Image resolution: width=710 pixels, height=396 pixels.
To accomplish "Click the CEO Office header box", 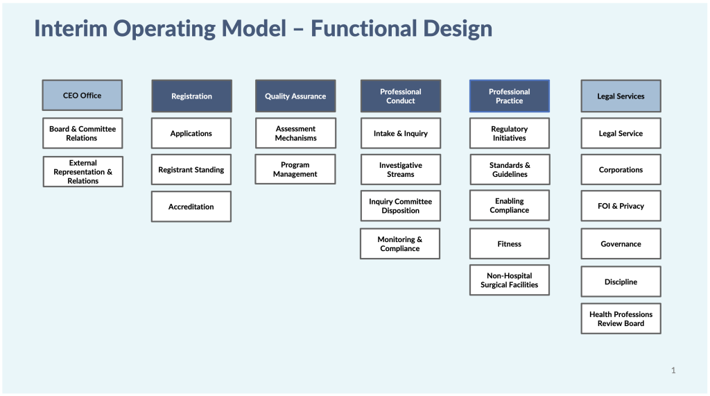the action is [x=82, y=95].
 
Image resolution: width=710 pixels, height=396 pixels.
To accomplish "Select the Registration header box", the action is [x=191, y=96].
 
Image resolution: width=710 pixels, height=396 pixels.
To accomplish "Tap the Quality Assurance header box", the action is [x=295, y=96].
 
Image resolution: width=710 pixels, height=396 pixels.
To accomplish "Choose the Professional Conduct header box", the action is [x=400, y=96].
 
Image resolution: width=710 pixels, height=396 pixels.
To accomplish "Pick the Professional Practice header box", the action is [x=510, y=96].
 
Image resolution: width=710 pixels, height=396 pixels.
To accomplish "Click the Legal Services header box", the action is [x=621, y=96].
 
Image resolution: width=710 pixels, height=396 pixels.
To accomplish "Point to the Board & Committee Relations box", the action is [x=83, y=133].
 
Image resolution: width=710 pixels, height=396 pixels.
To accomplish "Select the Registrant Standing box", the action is [x=191, y=169].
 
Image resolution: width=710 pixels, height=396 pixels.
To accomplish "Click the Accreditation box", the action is [x=191, y=207].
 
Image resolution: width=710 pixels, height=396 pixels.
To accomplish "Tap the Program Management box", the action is [x=295, y=169].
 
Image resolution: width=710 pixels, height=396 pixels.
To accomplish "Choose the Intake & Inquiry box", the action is [x=400, y=133].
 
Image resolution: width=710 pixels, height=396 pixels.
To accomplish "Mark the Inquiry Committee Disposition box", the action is [x=400, y=206].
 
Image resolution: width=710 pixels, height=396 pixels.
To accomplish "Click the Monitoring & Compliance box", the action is [x=400, y=243].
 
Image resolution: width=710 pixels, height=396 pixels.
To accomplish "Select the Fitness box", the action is [x=510, y=243].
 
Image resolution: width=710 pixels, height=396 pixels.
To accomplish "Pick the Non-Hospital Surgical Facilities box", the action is [x=510, y=280].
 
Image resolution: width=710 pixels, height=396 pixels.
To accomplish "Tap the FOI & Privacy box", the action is [x=621, y=206].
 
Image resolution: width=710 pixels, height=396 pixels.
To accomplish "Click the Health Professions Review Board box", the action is [x=621, y=318].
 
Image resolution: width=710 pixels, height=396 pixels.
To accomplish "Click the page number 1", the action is [x=673, y=370].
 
